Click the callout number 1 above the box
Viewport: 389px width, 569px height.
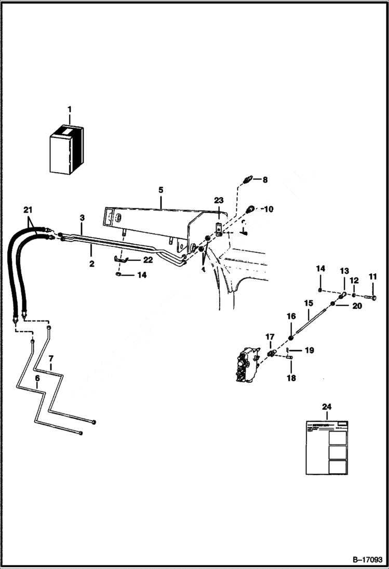tap(70, 109)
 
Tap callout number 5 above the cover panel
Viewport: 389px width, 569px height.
tap(161, 190)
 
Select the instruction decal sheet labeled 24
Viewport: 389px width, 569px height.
tap(326, 446)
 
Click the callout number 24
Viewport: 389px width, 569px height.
tap(326, 407)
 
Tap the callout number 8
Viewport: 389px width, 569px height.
tap(265, 180)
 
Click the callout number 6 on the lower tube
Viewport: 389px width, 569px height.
tap(37, 379)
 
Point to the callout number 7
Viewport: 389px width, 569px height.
tap(51, 359)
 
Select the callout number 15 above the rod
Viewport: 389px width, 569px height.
tap(308, 303)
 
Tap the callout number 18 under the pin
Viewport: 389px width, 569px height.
tap(291, 378)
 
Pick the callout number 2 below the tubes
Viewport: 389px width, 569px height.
tap(91, 264)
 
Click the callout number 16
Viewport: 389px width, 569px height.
tap(291, 316)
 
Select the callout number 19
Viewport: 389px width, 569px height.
tap(309, 351)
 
